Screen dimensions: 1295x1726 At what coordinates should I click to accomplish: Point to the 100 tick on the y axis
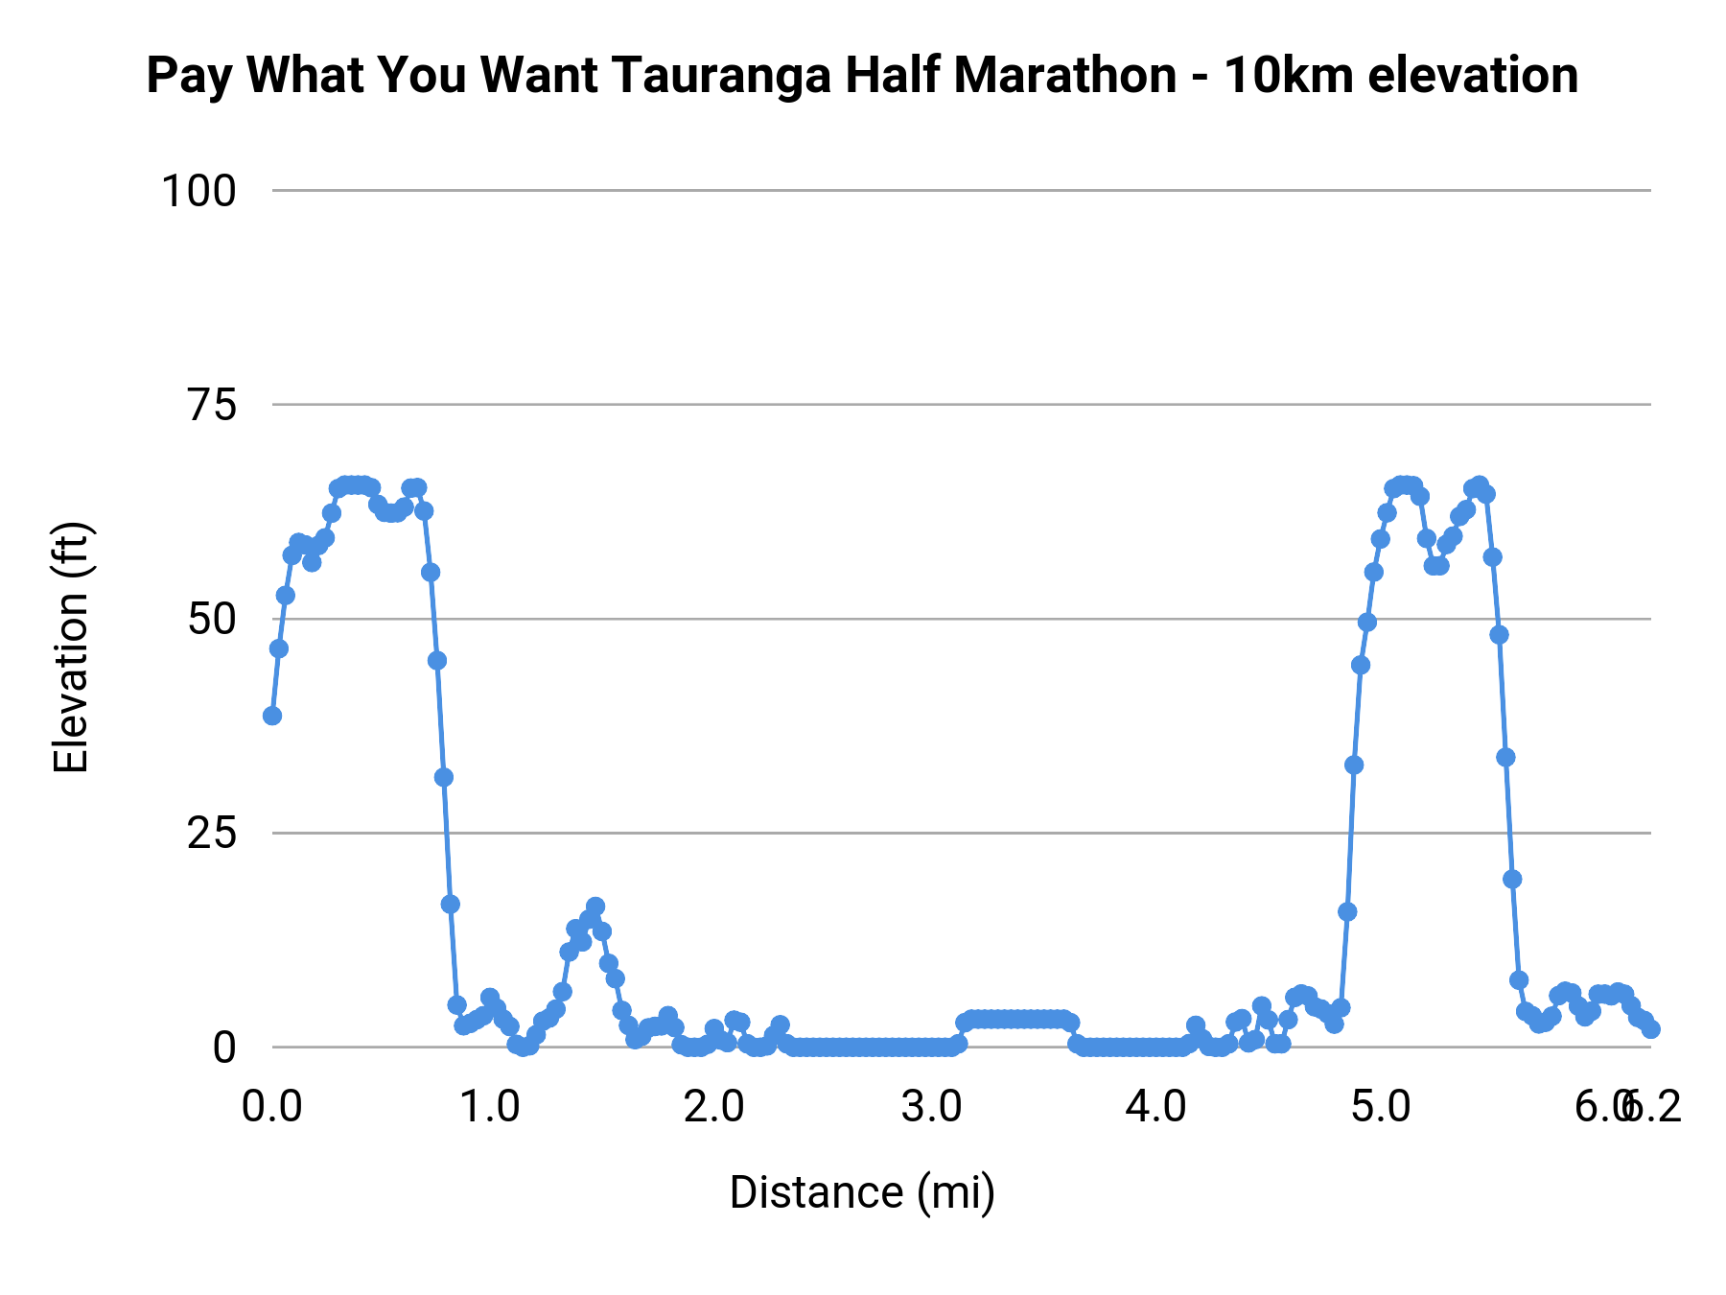[198, 191]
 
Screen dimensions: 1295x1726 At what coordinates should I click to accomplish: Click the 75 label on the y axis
[211, 406]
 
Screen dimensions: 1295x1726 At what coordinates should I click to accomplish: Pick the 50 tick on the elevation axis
[211, 620]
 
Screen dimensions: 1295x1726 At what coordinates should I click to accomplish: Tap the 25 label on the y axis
[211, 834]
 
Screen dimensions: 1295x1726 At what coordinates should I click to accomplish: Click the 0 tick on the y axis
[223, 1048]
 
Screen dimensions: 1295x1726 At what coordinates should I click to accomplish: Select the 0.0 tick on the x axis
[271, 1107]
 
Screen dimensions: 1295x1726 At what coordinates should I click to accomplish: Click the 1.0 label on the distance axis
[491, 1107]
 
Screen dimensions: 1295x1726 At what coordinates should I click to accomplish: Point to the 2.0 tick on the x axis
[713, 1107]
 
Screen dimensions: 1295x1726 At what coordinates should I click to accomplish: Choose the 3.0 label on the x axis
[932, 1107]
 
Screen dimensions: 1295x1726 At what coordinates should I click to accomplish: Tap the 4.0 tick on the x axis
[1156, 1107]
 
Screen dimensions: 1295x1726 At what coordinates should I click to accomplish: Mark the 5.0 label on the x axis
[1381, 1107]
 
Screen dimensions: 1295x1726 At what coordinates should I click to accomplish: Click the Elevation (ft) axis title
[71, 647]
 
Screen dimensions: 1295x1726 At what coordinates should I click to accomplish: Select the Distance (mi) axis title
[862, 1192]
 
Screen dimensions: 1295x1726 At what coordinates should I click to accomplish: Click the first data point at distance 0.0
[272, 716]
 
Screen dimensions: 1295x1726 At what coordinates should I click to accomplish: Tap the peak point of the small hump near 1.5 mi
[595, 906]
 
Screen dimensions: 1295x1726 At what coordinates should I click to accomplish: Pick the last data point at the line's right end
[1650, 1028]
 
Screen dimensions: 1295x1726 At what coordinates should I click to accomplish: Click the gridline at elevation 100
[959, 191]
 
